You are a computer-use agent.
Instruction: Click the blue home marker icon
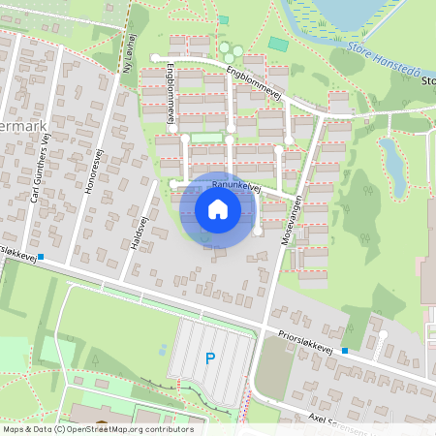[218, 209]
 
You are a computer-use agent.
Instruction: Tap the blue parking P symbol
[209, 359]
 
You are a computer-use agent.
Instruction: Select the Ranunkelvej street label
[235, 182]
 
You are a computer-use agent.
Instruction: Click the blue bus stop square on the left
[41, 256]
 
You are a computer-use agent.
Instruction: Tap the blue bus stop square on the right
[345, 351]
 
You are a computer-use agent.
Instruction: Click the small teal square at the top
[224, 19]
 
